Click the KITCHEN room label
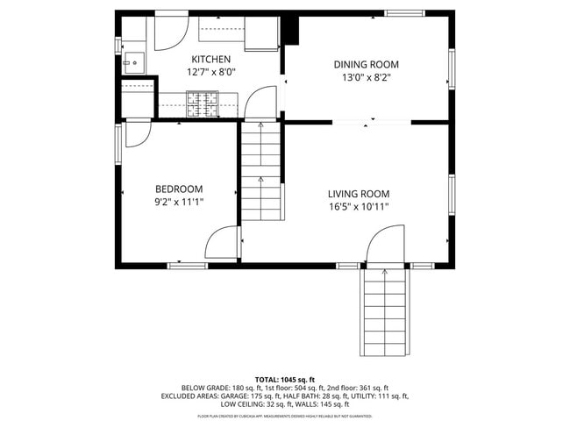pyautogui.click(x=211, y=59)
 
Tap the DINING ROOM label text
pyautogui.click(x=366, y=64)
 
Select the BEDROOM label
pyautogui.click(x=179, y=189)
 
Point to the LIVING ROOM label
pyautogui.click(x=359, y=194)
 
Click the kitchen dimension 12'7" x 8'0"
pyautogui.click(x=211, y=72)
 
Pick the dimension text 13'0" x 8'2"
pyautogui.click(x=366, y=77)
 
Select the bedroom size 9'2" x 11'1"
pyautogui.click(x=179, y=202)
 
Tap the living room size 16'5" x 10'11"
pyautogui.click(x=359, y=207)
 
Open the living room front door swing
pyautogui.click(x=384, y=246)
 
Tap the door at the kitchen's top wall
pyautogui.click(x=169, y=33)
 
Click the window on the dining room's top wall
pyautogui.click(x=403, y=13)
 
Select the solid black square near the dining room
pyautogui.click(x=290, y=30)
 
